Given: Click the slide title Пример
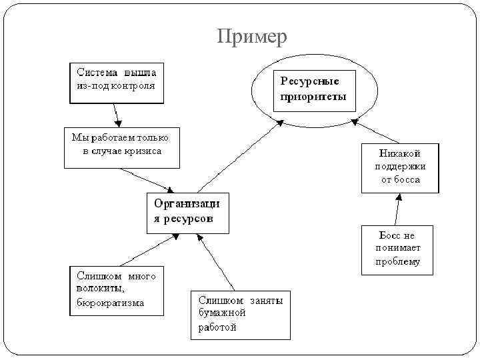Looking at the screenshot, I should pyautogui.click(x=252, y=37).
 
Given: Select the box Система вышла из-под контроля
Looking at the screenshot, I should pyautogui.click(x=117, y=82).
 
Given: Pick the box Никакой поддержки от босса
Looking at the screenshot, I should pyautogui.click(x=400, y=167).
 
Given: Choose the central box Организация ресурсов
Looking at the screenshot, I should pyautogui.click(x=187, y=213).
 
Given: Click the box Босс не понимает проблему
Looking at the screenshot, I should pyautogui.click(x=397, y=249).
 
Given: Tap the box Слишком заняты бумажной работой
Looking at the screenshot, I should pyautogui.click(x=240, y=315).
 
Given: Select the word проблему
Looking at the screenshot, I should pyautogui.click(x=397, y=262).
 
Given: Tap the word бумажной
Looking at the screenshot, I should pyautogui.click(x=222, y=313).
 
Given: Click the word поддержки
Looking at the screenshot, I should pyautogui.click(x=400, y=167).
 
